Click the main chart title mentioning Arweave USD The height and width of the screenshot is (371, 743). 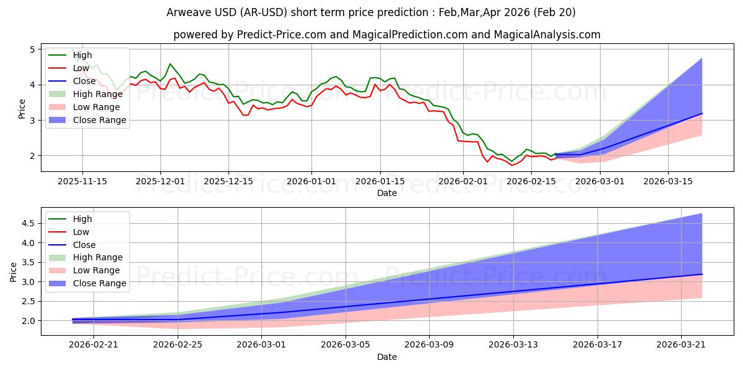(371, 12)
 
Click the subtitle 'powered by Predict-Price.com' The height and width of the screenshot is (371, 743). (386, 35)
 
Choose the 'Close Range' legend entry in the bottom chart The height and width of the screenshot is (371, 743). (100, 283)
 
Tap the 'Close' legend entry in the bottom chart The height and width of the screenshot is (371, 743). (84, 245)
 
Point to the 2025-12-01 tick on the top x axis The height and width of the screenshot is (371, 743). (160, 181)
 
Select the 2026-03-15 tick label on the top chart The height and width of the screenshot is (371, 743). (667, 181)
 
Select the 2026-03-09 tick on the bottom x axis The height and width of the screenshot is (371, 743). (429, 344)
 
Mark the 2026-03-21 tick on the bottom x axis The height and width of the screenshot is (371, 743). (681, 344)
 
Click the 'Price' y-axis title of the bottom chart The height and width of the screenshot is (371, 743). (14, 272)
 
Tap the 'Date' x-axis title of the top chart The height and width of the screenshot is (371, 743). (387, 193)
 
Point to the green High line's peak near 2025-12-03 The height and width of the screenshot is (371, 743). (170, 64)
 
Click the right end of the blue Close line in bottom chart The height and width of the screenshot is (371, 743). (702, 274)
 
